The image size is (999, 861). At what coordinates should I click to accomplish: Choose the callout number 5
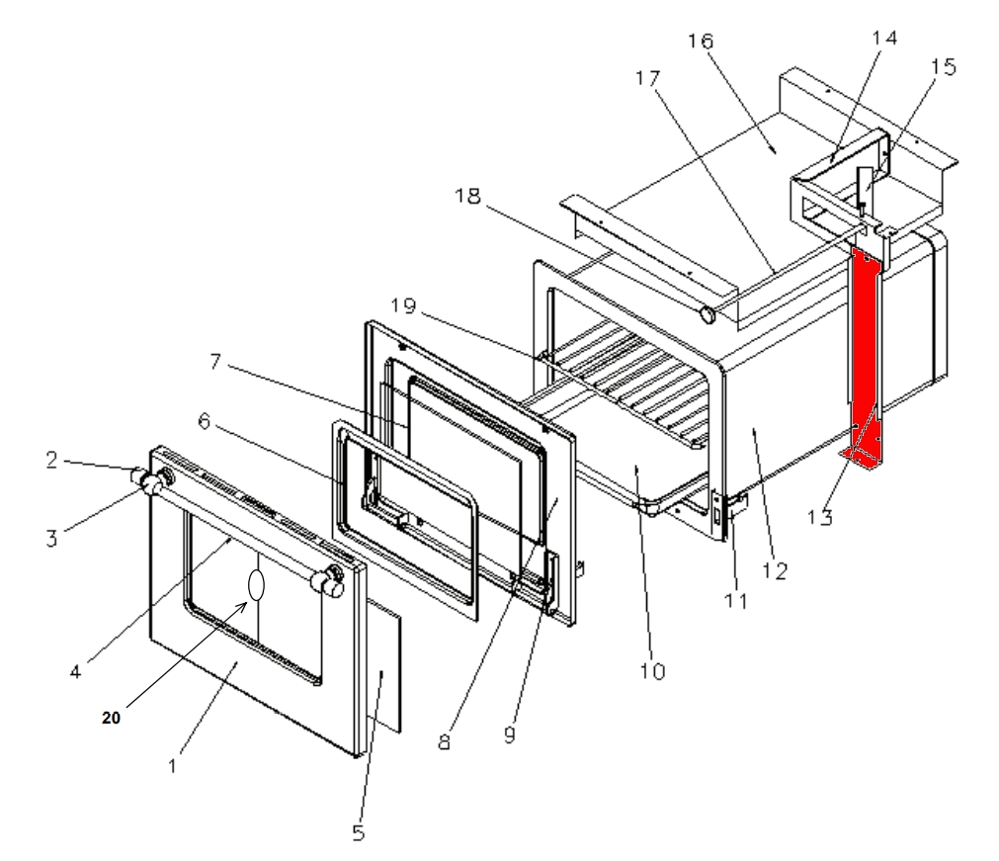358,832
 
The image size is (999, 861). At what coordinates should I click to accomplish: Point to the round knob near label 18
708,315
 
